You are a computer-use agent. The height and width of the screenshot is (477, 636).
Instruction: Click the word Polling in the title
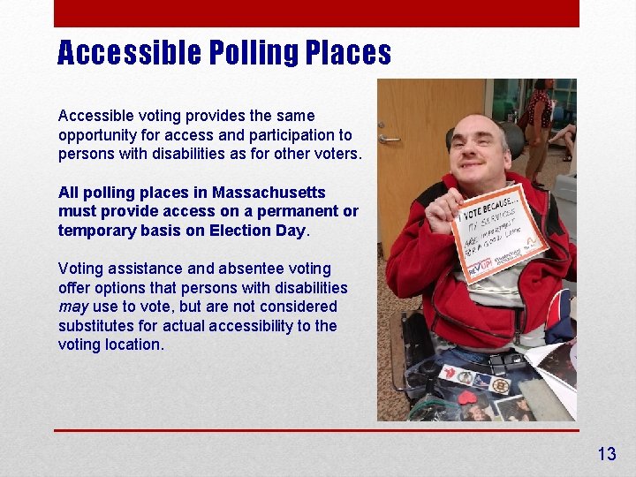(x=253, y=54)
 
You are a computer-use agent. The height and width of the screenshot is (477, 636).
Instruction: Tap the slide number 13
(x=606, y=454)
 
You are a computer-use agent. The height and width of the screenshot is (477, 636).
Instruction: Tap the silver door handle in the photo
(x=388, y=139)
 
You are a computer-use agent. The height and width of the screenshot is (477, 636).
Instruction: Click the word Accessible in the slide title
(x=129, y=54)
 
